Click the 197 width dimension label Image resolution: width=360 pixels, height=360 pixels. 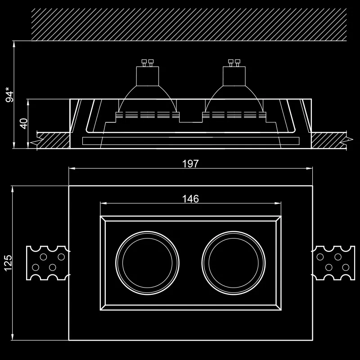click(x=190, y=164)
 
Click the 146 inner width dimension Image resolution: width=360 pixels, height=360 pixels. click(x=190, y=199)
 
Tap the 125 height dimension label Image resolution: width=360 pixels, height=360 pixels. click(x=8, y=263)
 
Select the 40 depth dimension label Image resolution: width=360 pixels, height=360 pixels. click(x=24, y=124)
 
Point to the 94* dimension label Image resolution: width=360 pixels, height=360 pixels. click(x=9, y=94)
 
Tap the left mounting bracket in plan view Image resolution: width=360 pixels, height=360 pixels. click(x=48, y=263)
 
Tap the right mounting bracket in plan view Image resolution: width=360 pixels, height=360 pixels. click(x=333, y=263)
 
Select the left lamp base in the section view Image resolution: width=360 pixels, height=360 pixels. click(x=148, y=76)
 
